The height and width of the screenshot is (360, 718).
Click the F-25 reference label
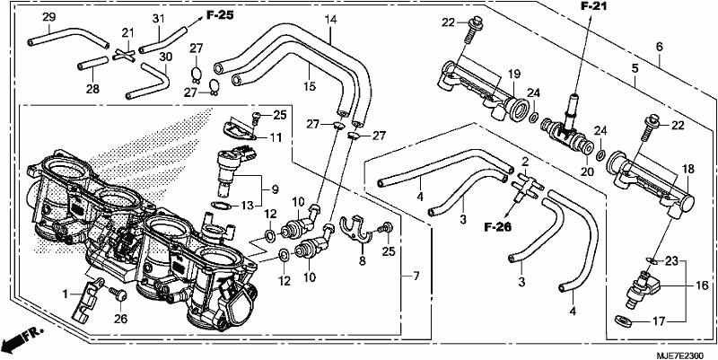click(x=219, y=15)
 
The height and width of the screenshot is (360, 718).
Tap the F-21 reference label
click(x=595, y=6)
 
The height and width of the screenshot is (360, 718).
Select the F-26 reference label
click(x=498, y=226)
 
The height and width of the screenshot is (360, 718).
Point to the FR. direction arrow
click(x=22, y=338)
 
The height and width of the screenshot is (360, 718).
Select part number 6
click(x=659, y=47)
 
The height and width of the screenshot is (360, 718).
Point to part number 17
click(x=659, y=321)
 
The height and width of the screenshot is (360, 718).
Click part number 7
click(x=416, y=277)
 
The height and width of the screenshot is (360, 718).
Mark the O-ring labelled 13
click(x=223, y=206)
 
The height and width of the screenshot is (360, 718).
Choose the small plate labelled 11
click(x=239, y=128)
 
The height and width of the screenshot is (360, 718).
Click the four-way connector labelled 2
click(x=528, y=183)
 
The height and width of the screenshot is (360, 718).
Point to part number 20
click(x=588, y=171)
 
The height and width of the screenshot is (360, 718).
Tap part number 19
click(x=514, y=73)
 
